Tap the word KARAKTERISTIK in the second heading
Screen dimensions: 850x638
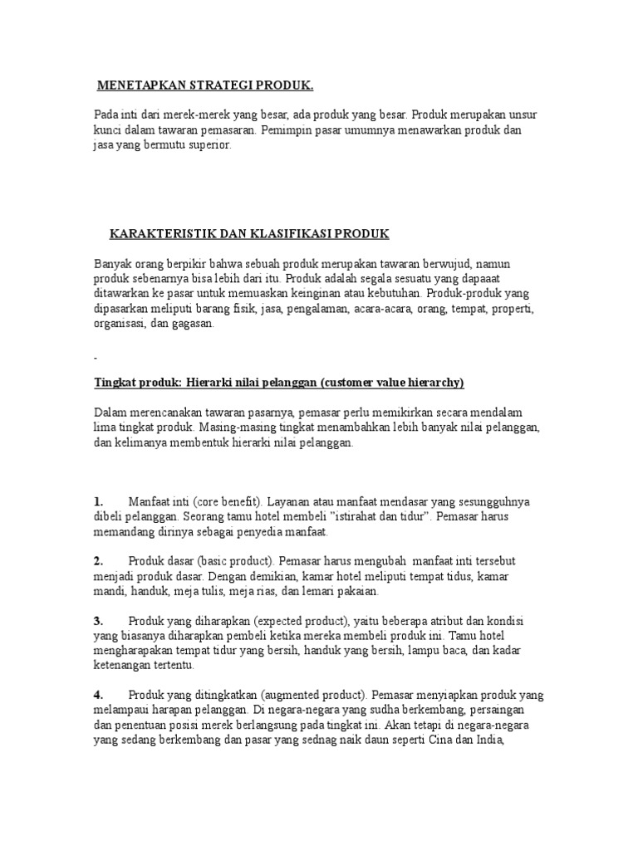[155, 235]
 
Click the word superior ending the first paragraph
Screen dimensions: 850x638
[213, 144]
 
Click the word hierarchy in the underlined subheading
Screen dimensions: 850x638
[435, 382]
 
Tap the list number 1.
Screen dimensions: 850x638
[98, 501]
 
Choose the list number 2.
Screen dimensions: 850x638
[98, 561]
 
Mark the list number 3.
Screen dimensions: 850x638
[98, 621]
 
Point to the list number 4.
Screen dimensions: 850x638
[98, 695]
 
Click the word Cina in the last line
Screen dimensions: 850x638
[439, 740]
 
